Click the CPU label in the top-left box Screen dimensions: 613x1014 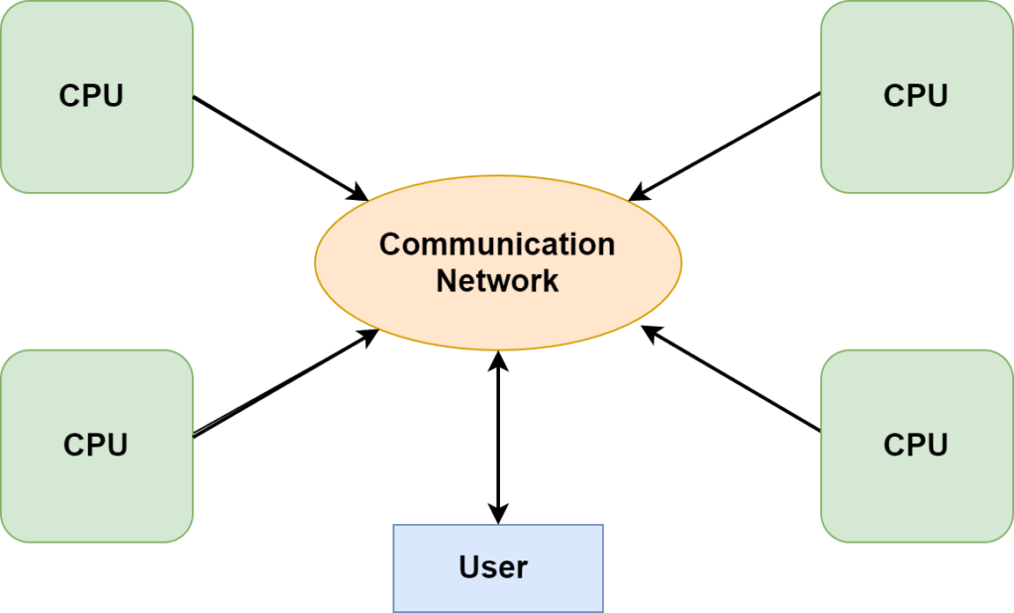[x=91, y=96]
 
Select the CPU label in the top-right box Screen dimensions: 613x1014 [x=915, y=96]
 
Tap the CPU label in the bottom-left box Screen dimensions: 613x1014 [x=95, y=445]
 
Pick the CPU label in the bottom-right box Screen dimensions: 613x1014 [x=915, y=445]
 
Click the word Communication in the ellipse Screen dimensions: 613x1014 [x=497, y=244]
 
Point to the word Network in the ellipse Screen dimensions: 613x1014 [x=497, y=281]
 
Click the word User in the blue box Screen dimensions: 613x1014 [x=493, y=567]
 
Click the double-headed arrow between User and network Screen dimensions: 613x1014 [x=498, y=436]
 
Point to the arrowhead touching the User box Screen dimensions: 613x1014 [x=498, y=512]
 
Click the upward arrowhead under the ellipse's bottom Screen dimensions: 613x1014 [x=498, y=361]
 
